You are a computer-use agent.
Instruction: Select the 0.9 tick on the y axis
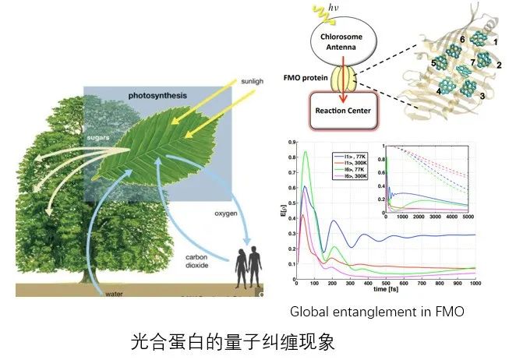tap(290, 143)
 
